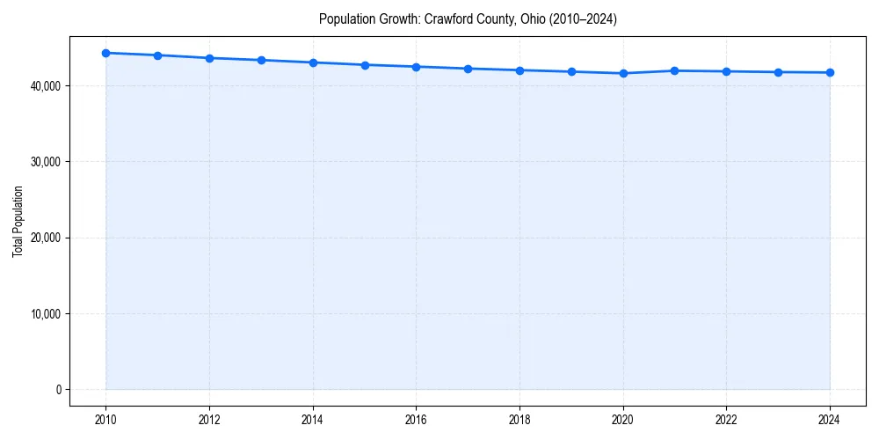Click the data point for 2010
pos(105,53)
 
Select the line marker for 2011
pos(157,55)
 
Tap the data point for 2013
pos(261,60)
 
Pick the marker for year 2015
pos(365,65)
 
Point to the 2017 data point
pos(468,69)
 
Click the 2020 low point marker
pos(623,73)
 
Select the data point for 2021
pos(675,70)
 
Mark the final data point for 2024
pos(830,72)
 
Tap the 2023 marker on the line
pos(778,72)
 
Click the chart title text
pos(468,19)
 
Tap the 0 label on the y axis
pos(58,390)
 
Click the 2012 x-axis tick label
pos(209,420)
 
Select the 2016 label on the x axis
pos(417,420)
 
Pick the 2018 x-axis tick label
pos(519,420)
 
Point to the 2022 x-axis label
pos(727,420)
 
